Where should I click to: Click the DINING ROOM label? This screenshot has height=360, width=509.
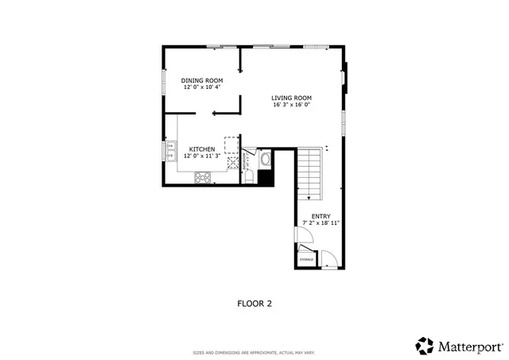pyautogui.click(x=201, y=80)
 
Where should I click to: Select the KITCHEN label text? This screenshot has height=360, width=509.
pyautogui.click(x=201, y=149)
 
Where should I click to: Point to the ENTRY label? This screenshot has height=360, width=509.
pyautogui.click(x=321, y=216)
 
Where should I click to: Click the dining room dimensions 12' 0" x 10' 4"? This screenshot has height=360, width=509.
pyautogui.click(x=201, y=87)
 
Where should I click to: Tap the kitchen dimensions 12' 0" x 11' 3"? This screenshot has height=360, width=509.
pyautogui.click(x=201, y=157)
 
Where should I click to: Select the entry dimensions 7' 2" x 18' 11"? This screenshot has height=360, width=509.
pyautogui.click(x=321, y=223)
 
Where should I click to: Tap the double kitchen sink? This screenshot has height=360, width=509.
pyautogui.click(x=170, y=149)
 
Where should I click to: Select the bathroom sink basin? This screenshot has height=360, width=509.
pyautogui.click(x=266, y=159)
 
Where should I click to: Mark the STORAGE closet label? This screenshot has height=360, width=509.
pyautogui.click(x=306, y=259)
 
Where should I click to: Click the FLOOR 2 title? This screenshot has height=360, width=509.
pyautogui.click(x=254, y=303)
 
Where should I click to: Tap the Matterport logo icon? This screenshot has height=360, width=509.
pyautogui.click(x=425, y=346)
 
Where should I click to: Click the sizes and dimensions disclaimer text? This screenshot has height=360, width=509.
pyautogui.click(x=254, y=352)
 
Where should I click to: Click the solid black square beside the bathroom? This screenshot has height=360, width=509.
pyautogui.click(x=266, y=178)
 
